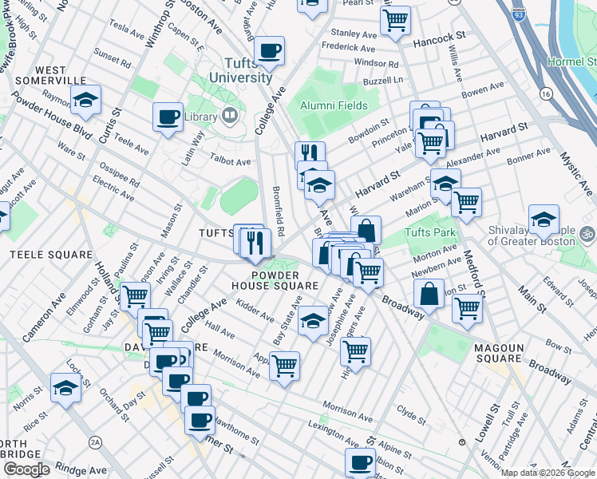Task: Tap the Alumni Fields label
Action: click(x=333, y=105)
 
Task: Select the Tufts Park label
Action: click(x=429, y=232)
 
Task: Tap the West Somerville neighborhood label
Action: click(x=49, y=75)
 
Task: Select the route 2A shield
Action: click(x=96, y=442)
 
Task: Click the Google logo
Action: click(x=26, y=469)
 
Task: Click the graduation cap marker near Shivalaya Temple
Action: click(x=544, y=220)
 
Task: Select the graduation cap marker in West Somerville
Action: click(x=85, y=99)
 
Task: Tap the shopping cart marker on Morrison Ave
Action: click(x=284, y=366)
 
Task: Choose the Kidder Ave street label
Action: click(x=256, y=311)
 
